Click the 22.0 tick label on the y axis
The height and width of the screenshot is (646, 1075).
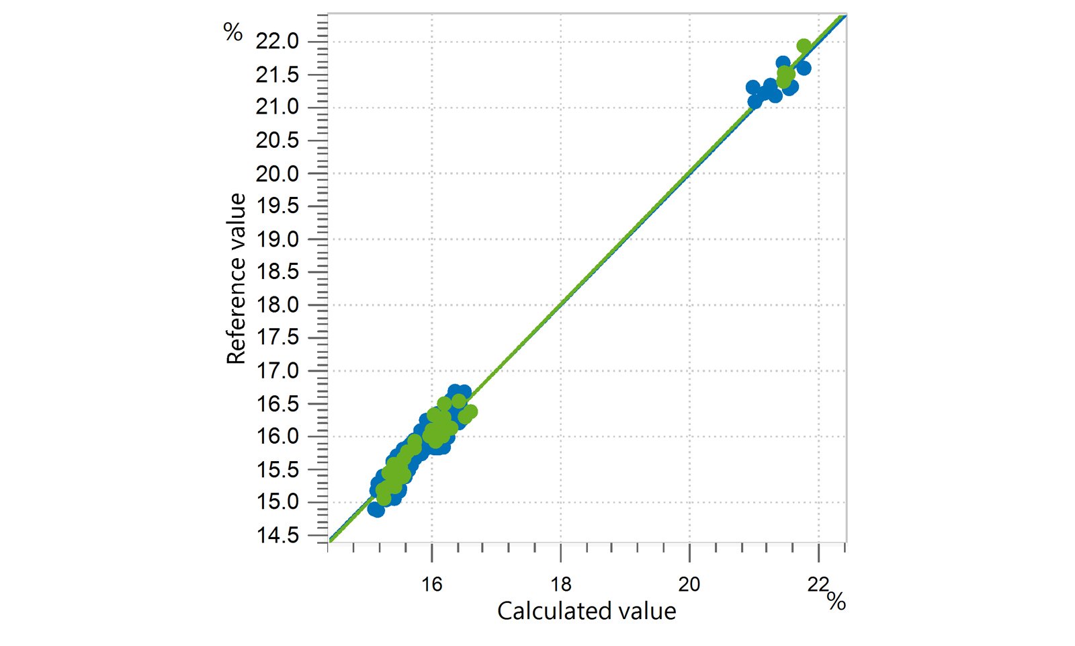coord(277,42)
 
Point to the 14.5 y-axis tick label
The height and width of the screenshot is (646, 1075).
coord(277,536)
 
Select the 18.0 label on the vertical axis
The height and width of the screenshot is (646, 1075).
coord(277,305)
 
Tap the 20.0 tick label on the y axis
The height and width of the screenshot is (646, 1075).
coord(277,173)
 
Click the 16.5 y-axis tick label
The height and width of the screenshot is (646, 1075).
coord(277,404)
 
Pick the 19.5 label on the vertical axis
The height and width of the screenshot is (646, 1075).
coord(277,206)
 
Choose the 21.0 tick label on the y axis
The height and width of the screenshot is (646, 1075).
coord(277,108)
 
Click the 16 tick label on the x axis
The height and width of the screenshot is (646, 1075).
coord(431,584)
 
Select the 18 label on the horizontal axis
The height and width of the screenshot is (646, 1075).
coord(560,584)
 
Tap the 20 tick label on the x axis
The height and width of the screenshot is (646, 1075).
coord(689,584)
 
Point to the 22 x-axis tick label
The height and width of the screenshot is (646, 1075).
coord(818,584)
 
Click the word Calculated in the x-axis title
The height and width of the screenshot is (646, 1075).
coord(545,611)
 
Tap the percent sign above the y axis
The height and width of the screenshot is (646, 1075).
coord(233,32)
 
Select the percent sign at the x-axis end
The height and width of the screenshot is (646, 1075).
coord(836,600)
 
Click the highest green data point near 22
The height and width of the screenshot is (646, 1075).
coord(804,46)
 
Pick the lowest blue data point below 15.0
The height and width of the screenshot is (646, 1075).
coord(376,510)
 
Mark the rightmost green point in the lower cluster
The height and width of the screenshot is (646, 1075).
coord(470,411)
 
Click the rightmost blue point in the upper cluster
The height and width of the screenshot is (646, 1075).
coord(804,68)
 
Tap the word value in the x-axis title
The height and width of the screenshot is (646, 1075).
coord(648,611)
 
